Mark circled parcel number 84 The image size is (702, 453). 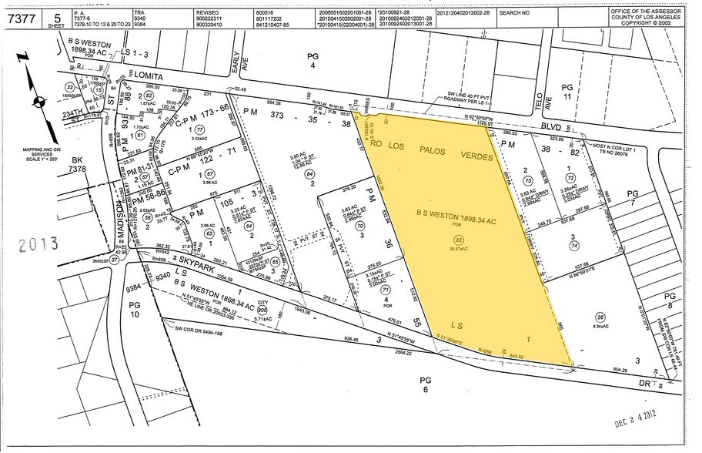pyautogui.click(x=310, y=174)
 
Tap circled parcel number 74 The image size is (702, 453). pyautogui.click(x=573, y=245)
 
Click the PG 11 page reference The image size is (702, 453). pyautogui.click(x=588, y=93)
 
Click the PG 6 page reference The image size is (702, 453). pyautogui.click(x=425, y=385)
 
